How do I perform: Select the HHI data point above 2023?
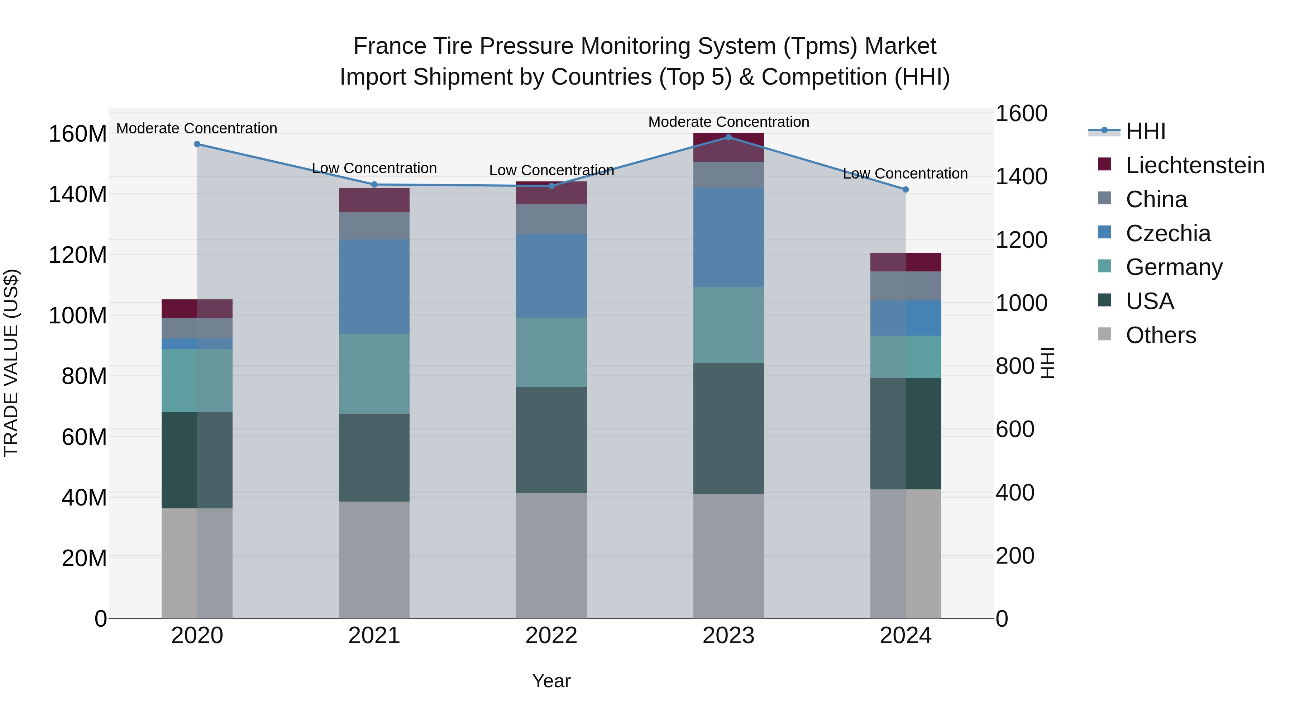728,137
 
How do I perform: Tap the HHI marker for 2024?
906,189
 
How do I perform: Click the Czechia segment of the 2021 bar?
374,286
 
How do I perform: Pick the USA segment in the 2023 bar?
728,428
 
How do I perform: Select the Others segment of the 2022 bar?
551,556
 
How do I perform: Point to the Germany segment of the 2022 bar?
551,352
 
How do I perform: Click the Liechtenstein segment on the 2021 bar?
374,200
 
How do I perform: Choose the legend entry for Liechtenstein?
1195,165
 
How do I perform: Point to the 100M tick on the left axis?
78,315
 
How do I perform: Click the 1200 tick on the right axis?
1021,240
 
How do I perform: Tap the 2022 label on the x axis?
551,636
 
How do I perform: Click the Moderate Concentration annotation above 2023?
728,122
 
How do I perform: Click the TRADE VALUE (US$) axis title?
11,363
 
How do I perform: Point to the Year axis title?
551,681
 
